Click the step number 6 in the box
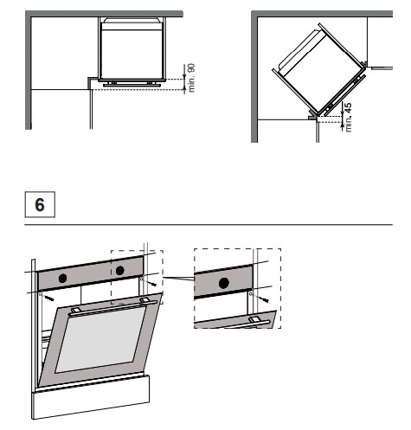[40, 204]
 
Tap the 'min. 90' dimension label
[191, 78]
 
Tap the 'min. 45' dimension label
[348, 118]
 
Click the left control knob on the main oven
[62, 278]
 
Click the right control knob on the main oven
[120, 271]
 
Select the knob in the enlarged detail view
[224, 283]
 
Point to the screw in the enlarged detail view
[263, 298]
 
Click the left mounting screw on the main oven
[49, 298]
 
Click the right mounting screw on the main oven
[151, 283]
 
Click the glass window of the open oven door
[101, 339]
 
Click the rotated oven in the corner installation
[319, 71]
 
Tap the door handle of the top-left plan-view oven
[132, 85]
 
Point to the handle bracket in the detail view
[256, 319]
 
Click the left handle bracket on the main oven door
[75, 311]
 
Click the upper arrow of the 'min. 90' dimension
[184, 72]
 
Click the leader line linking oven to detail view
[178, 279]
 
